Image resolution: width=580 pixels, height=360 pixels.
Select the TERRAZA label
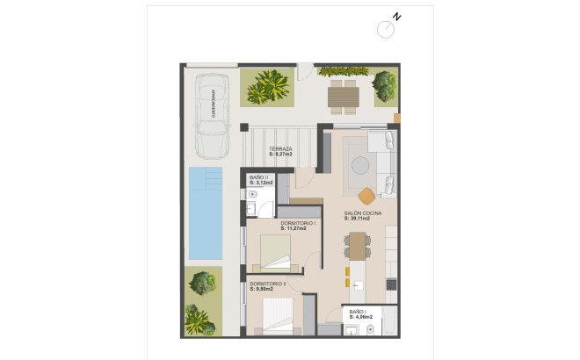[x=281, y=149]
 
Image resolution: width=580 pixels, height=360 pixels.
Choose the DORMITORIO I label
[x=298, y=224]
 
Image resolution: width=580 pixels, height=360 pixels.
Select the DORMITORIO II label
[x=268, y=284]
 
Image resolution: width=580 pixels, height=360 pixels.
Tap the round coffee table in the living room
[x=362, y=162]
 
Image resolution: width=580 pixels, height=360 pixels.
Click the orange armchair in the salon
[x=367, y=192]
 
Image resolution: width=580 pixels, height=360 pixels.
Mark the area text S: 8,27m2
[x=281, y=155]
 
